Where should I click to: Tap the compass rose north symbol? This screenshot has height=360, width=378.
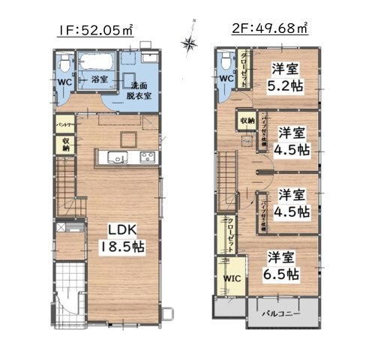point(190,43)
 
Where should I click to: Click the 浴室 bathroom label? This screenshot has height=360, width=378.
point(99,79)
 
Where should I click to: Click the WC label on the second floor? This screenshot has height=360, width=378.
point(226,79)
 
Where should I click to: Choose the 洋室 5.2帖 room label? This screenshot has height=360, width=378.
point(283,76)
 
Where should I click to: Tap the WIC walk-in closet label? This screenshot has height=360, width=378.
point(229,278)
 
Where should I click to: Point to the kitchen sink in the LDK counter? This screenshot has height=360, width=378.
point(118,157)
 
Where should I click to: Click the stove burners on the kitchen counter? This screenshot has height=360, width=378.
point(145,157)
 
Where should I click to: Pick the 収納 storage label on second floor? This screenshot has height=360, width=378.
point(247,120)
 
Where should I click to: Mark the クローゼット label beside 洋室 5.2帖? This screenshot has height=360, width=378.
point(244,69)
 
